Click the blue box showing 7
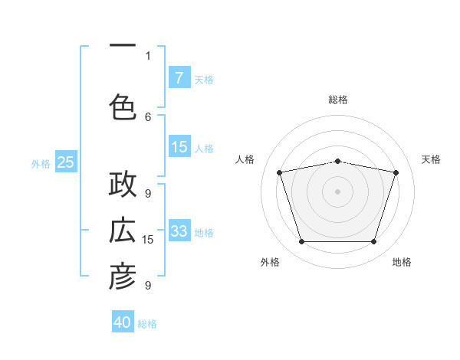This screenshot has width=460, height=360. tap(179, 77)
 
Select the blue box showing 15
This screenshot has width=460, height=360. tap(179, 146)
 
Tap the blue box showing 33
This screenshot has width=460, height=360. tap(179, 230)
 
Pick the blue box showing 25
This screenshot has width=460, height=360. tap(66, 162)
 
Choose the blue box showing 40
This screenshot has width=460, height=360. tap(123, 321)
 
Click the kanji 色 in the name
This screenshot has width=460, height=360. tap(123, 107)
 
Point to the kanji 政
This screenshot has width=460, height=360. tap(123, 184)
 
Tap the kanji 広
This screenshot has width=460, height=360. tap(123, 230)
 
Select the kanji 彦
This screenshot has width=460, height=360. tap(123, 276)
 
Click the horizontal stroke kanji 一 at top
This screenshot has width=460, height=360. tap(123, 45)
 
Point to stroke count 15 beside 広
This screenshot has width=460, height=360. tap(147, 240)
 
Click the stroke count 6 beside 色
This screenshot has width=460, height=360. tap(148, 117)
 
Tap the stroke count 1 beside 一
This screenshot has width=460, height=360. tap(148, 56)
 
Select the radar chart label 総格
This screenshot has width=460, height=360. tap(338, 100)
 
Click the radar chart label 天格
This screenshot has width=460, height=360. tap(431, 159)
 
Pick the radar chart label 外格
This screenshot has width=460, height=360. tap(270, 262)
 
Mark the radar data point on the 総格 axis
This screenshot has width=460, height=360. tap(338, 162)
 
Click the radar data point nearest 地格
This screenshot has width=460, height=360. tap(374, 241)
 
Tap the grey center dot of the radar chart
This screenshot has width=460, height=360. tap(337, 191)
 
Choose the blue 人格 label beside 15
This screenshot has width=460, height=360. tap(204, 149)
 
